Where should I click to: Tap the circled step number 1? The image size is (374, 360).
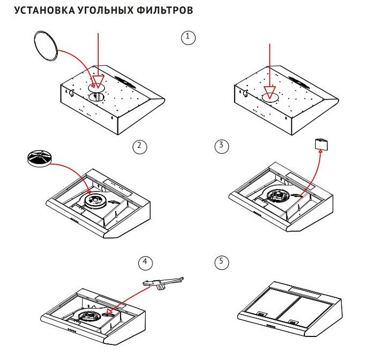[186, 37]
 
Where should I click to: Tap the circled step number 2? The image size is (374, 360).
[138, 146]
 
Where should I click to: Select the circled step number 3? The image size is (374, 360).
[221, 146]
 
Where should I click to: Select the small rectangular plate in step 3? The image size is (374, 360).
[321, 144]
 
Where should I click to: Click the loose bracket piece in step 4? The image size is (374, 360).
[163, 283]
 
